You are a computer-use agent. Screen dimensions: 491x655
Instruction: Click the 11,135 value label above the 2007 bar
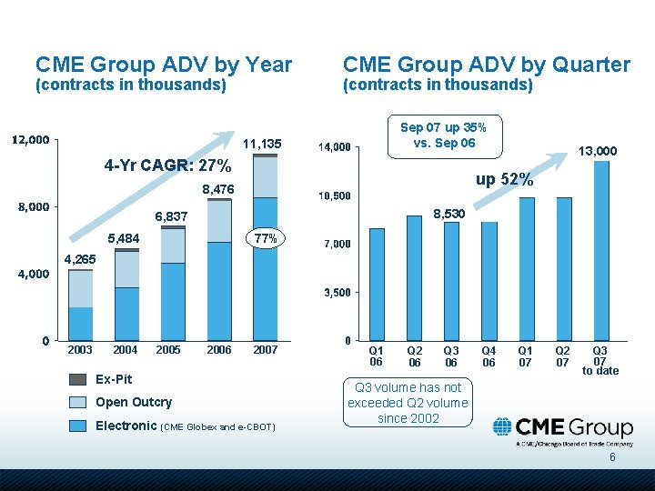pos(263,144)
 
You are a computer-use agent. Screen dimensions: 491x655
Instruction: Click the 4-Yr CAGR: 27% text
pos(168,166)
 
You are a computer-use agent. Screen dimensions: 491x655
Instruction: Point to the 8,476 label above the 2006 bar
pos(218,189)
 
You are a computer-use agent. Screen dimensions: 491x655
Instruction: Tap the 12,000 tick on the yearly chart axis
pos(30,140)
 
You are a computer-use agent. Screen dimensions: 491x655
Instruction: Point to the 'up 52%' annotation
pos(503,180)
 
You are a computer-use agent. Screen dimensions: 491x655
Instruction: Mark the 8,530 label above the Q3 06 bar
pos(449,213)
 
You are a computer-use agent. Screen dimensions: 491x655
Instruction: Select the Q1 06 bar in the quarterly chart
pos(377,284)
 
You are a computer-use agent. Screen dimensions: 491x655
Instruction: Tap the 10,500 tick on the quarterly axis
pos(334,195)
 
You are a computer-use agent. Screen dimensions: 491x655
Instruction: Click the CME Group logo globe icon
pos(502,427)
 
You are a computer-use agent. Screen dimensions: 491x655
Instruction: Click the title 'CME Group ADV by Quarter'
pos(486,65)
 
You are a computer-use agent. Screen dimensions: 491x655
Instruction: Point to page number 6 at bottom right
pos(612,457)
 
